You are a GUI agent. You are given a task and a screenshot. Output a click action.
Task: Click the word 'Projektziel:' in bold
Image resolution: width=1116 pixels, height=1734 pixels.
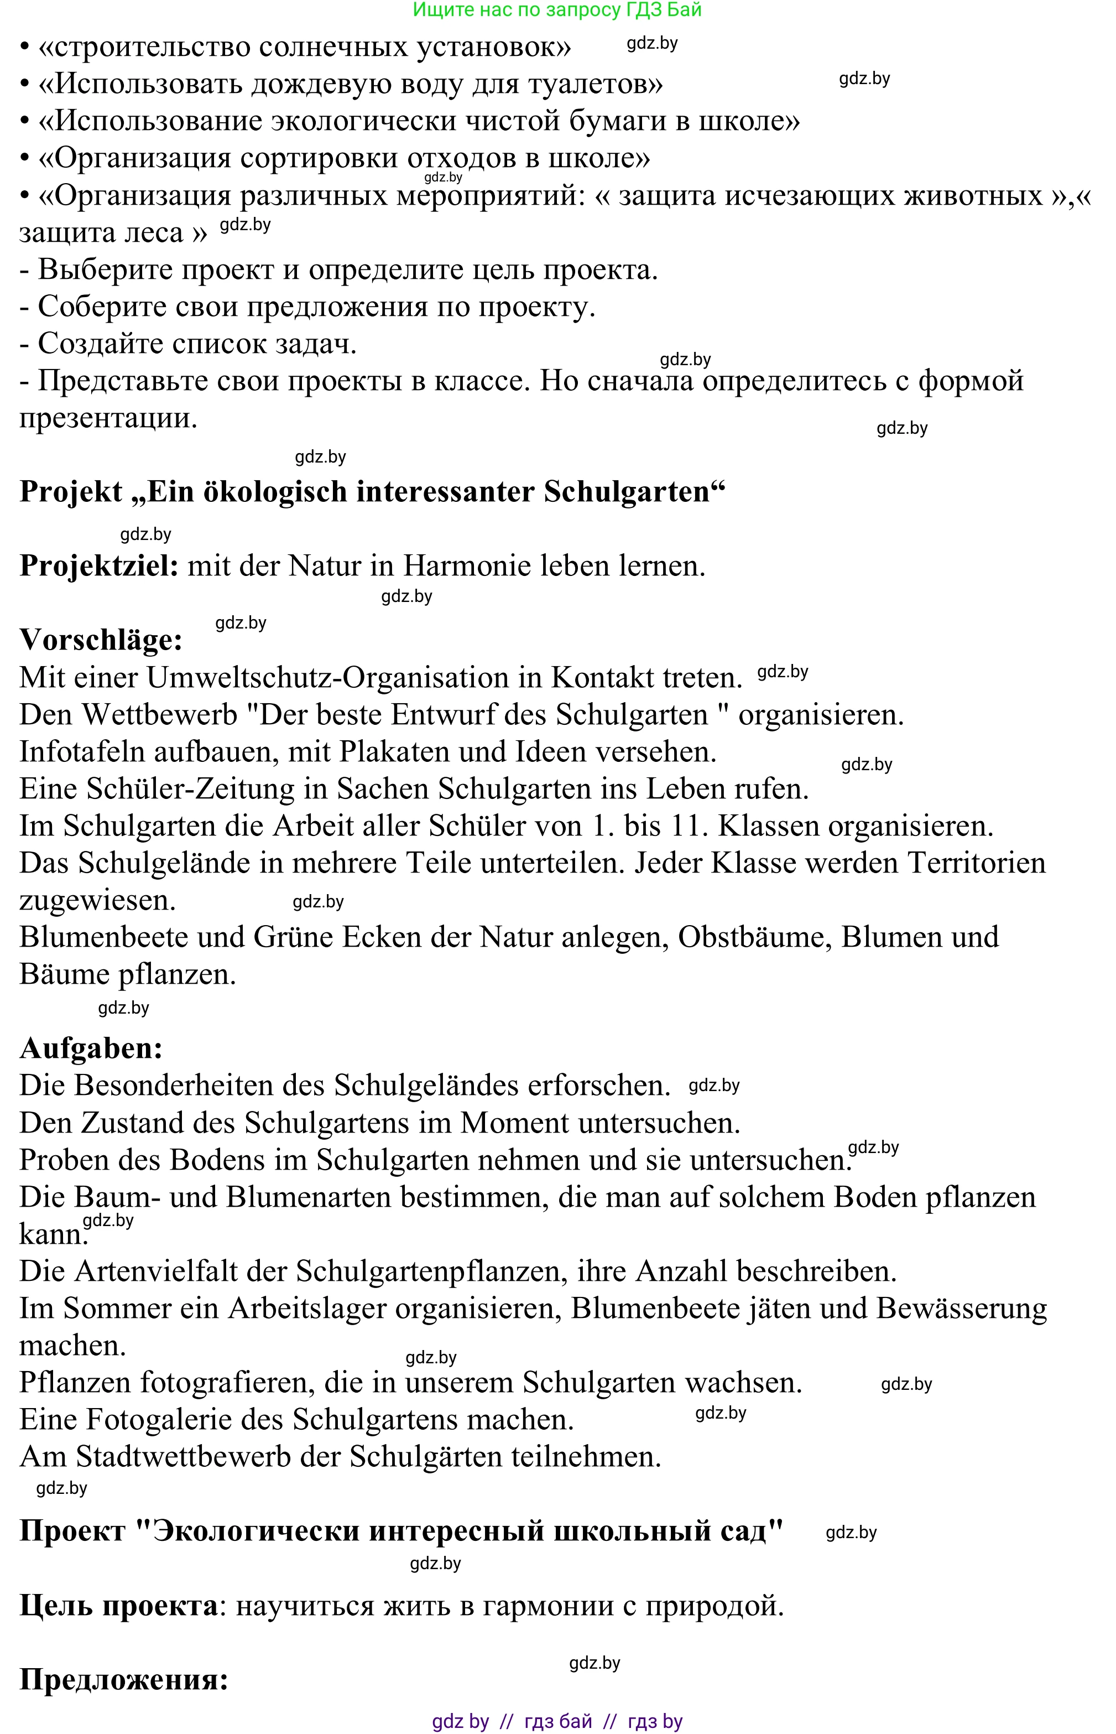tap(98, 566)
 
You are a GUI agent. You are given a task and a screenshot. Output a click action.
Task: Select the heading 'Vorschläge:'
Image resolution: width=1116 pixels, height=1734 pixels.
tap(101, 640)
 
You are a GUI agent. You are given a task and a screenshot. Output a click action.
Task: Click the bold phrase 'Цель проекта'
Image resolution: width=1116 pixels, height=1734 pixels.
tap(118, 1606)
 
